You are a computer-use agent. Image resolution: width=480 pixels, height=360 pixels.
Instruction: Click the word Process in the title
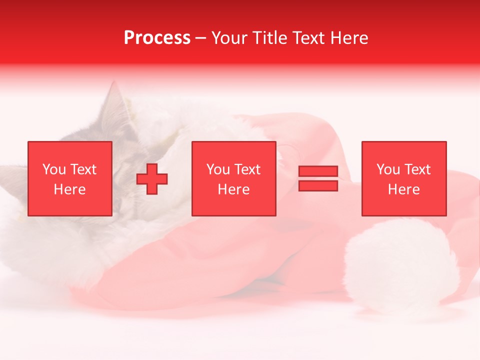click(x=157, y=38)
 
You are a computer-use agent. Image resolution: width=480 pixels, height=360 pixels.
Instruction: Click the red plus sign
click(x=152, y=179)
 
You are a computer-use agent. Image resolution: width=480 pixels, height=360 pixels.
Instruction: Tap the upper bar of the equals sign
click(x=318, y=171)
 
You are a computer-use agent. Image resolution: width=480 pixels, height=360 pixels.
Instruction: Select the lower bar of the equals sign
click(x=318, y=185)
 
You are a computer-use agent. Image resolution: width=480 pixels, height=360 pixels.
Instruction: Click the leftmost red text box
click(x=69, y=178)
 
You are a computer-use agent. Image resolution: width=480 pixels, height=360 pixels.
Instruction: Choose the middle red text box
click(x=233, y=178)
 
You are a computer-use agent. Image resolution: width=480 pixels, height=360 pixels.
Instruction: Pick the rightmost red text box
click(x=403, y=178)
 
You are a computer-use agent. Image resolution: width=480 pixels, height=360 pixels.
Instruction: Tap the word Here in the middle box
click(x=233, y=189)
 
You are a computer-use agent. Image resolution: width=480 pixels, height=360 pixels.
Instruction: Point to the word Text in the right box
click(x=417, y=169)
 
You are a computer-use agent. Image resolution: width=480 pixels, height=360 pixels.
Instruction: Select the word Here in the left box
click(x=69, y=189)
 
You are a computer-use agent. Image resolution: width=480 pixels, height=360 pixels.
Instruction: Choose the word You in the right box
click(x=388, y=169)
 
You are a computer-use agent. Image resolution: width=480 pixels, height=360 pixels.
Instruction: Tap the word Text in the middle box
click(x=247, y=169)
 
